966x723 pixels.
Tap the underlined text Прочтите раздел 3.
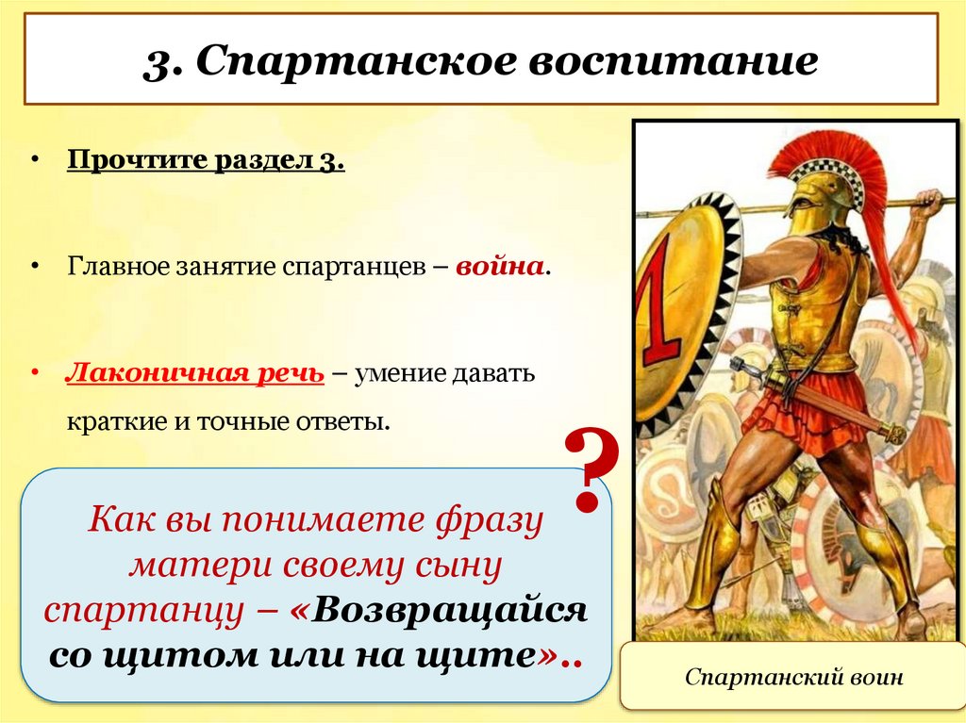206,161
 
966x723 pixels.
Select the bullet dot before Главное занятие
34,267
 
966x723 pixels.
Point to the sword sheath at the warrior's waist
830,401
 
